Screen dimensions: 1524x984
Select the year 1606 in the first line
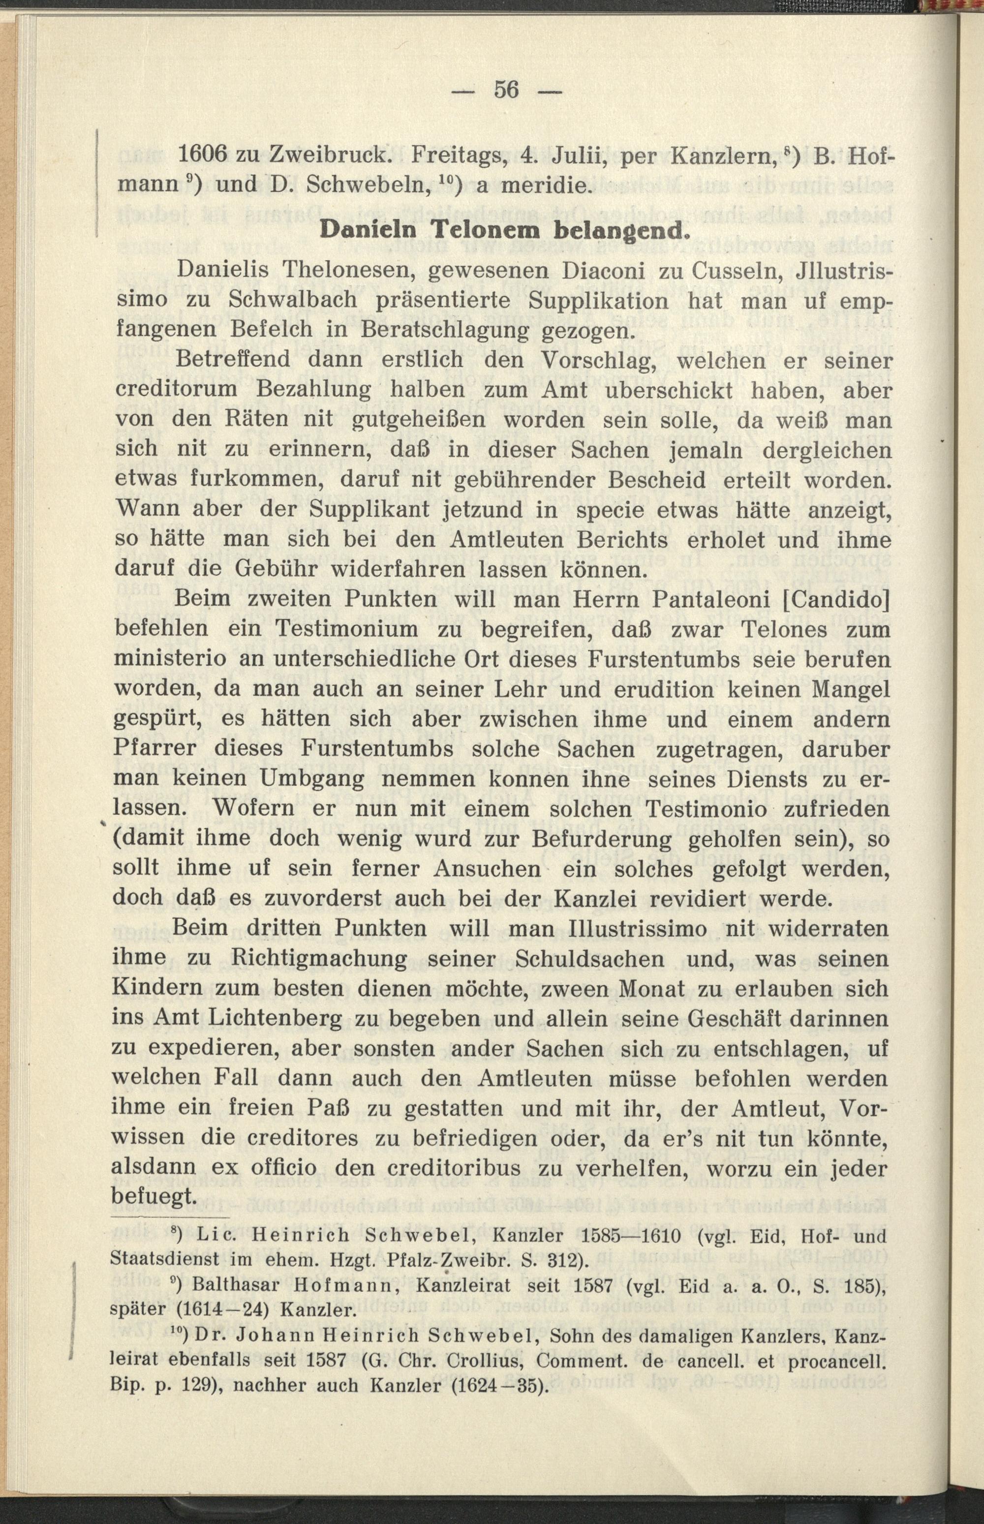coord(203,156)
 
